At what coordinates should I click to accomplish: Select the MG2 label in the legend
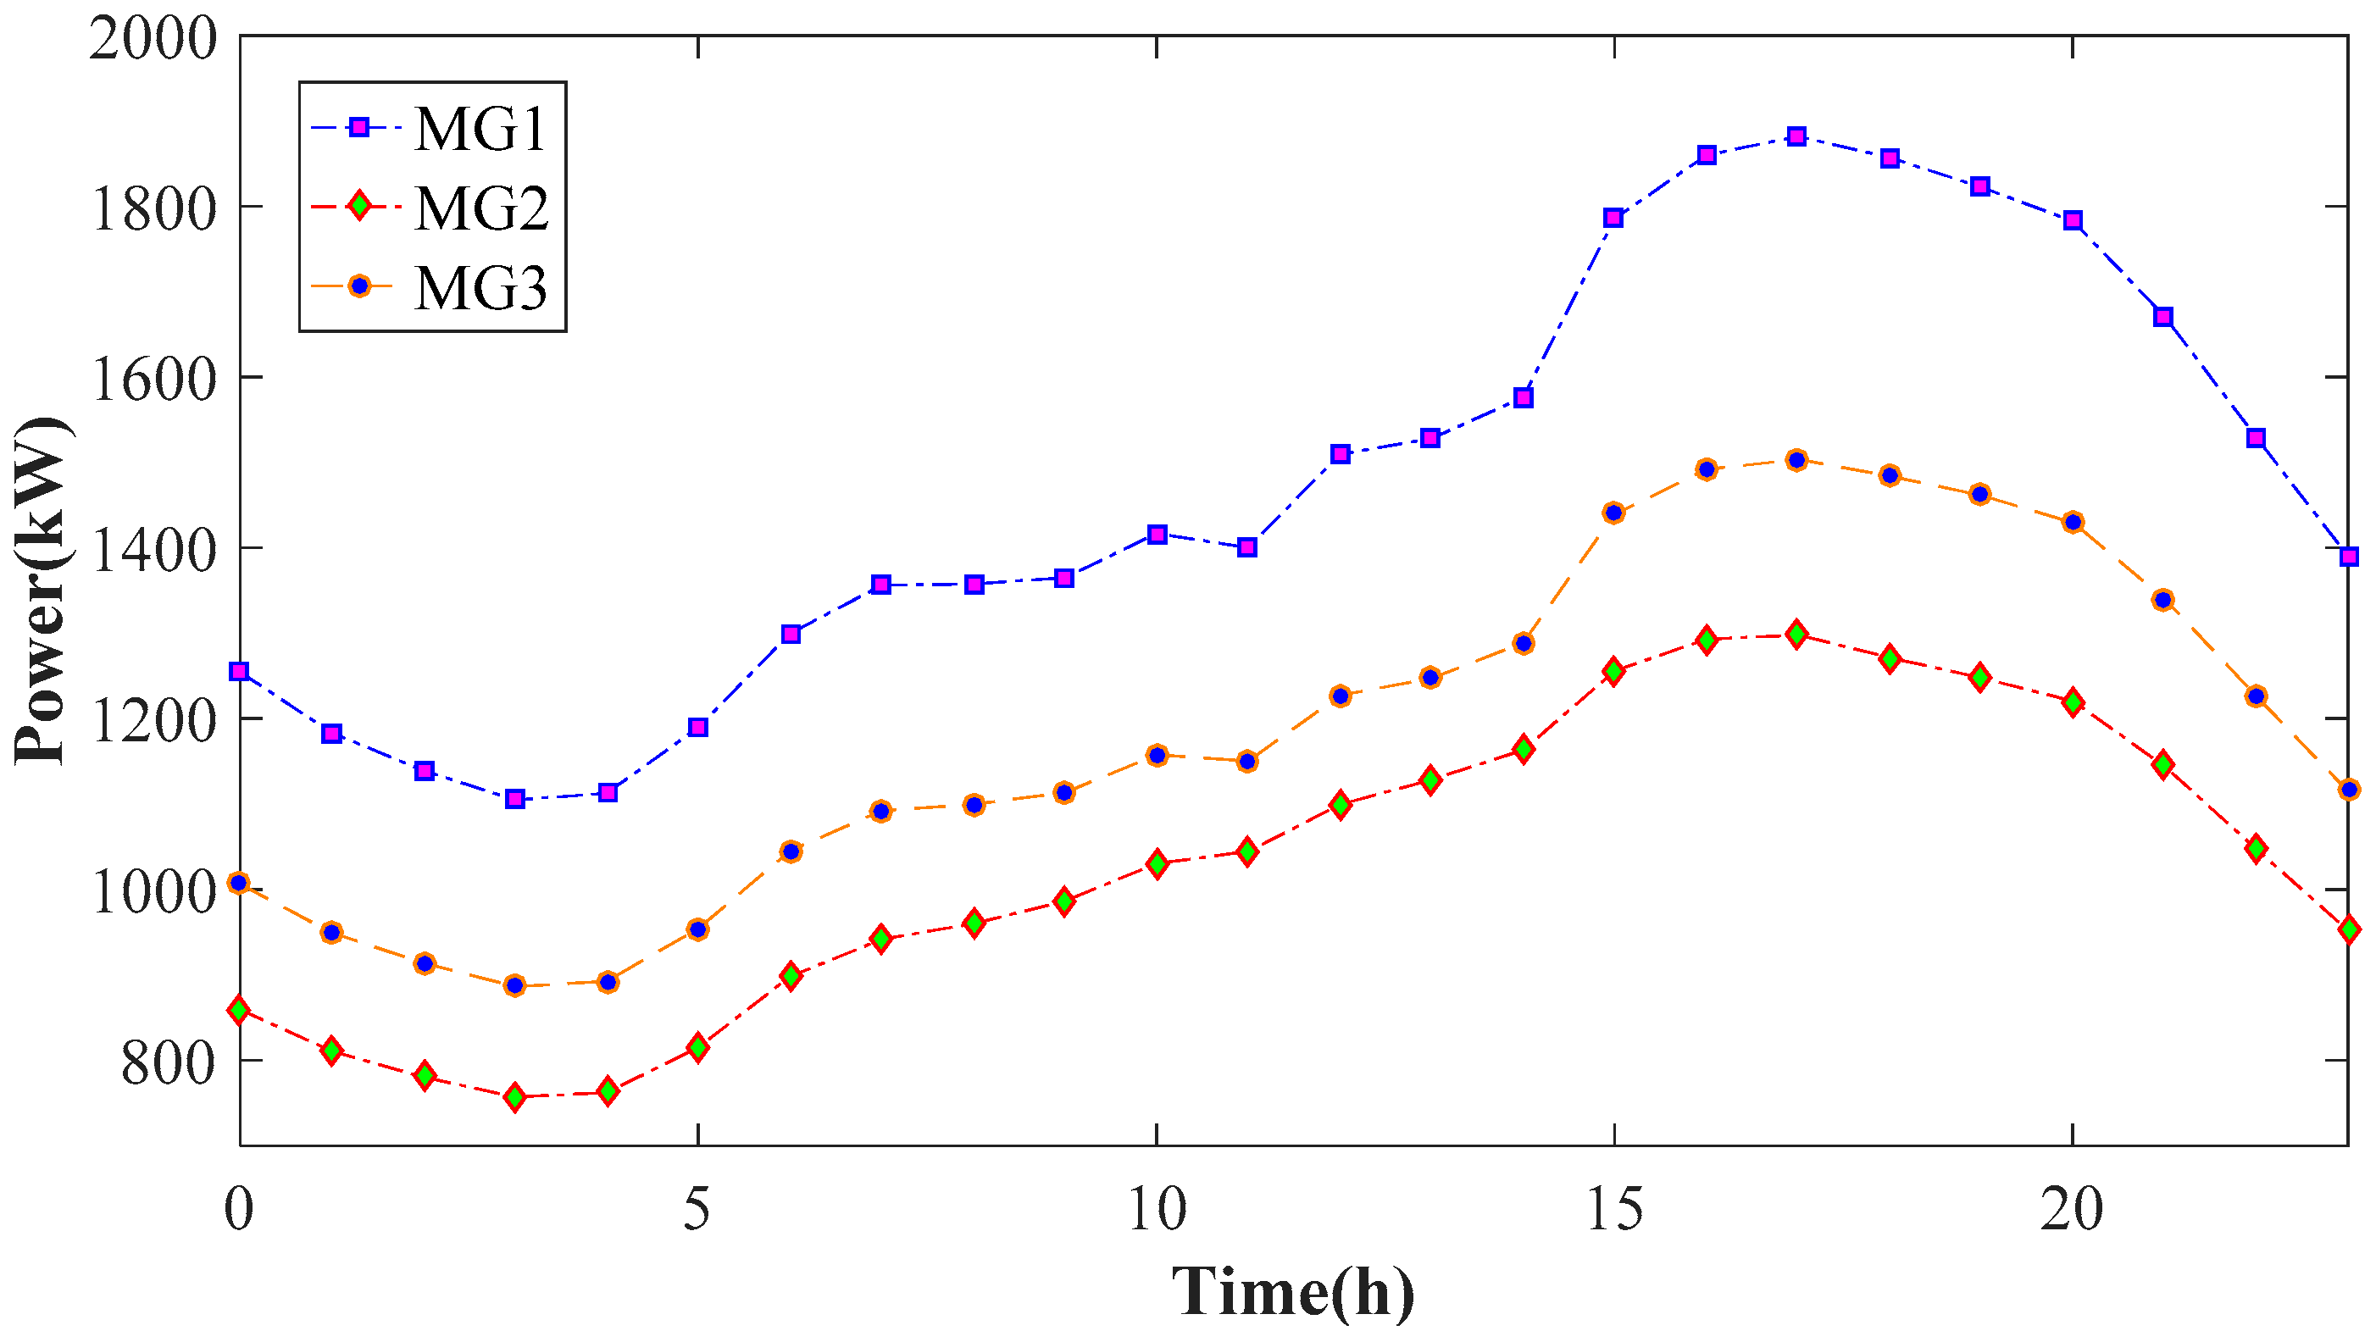click(480, 208)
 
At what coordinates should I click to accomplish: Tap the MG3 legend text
click(480, 287)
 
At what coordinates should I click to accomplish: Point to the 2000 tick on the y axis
click(153, 40)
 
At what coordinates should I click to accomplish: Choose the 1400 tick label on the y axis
click(153, 551)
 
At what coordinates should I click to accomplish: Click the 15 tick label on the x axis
click(1614, 1209)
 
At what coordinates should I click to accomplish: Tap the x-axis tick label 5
click(697, 1209)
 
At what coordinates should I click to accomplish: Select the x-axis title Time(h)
click(1292, 1292)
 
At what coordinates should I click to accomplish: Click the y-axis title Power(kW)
click(42, 591)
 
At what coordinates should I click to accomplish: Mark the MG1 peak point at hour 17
click(1796, 136)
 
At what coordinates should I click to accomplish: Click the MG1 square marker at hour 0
click(240, 672)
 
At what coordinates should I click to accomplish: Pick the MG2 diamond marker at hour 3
click(514, 1096)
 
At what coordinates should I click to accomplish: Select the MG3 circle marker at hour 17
click(1796, 460)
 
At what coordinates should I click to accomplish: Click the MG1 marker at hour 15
click(1613, 218)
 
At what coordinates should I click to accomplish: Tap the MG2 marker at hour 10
click(1157, 863)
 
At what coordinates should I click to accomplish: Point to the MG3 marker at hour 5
click(697, 929)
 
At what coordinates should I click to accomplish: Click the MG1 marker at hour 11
click(1247, 547)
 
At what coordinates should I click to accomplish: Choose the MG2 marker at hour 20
click(2073, 701)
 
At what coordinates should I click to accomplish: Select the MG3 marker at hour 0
click(240, 883)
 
